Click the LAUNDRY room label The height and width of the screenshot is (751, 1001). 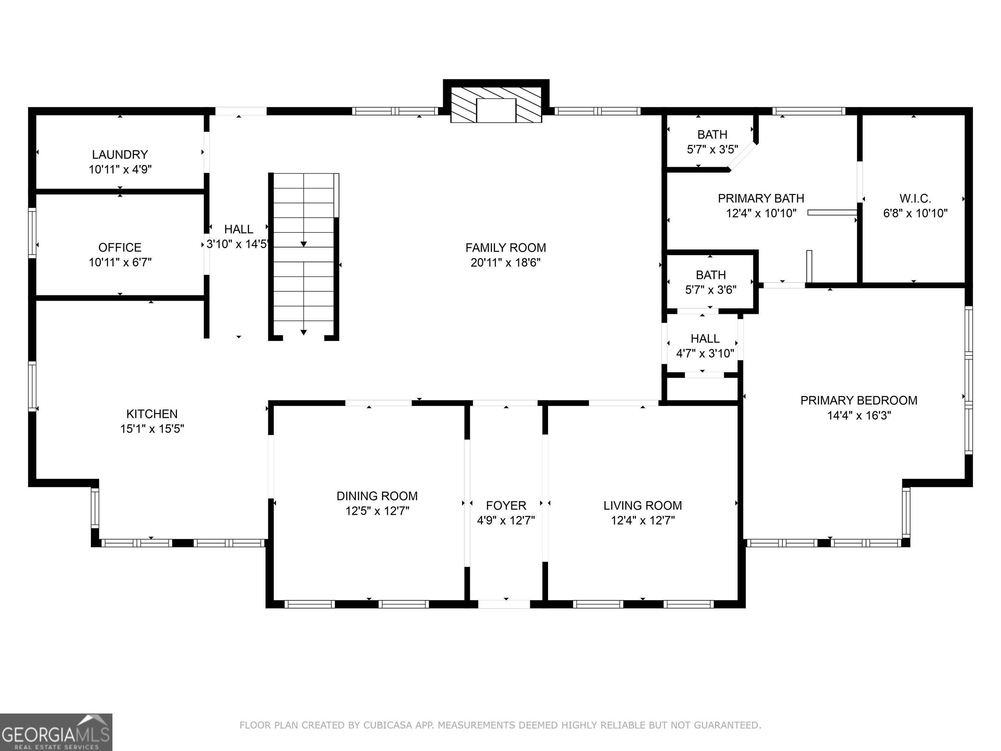[120, 155]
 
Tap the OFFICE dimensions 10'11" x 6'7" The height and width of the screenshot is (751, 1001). [120, 262]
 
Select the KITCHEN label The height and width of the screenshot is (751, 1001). [152, 414]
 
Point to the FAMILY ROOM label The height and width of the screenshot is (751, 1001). [505, 248]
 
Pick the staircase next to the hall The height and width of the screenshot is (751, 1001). [304, 256]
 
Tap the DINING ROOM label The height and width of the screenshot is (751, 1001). [377, 496]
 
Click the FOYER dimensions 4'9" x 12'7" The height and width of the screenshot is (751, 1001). [506, 520]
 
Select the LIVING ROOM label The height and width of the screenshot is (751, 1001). [643, 506]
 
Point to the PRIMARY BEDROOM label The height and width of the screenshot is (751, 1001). [859, 401]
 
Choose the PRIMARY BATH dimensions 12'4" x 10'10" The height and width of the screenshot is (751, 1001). [761, 213]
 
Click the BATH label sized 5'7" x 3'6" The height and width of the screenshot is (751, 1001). [711, 275]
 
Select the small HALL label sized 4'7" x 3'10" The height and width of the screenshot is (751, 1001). [705, 339]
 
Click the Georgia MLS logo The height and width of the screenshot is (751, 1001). [56, 732]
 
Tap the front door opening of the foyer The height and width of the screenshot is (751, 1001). [504, 604]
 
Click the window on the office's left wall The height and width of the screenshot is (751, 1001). [32, 233]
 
